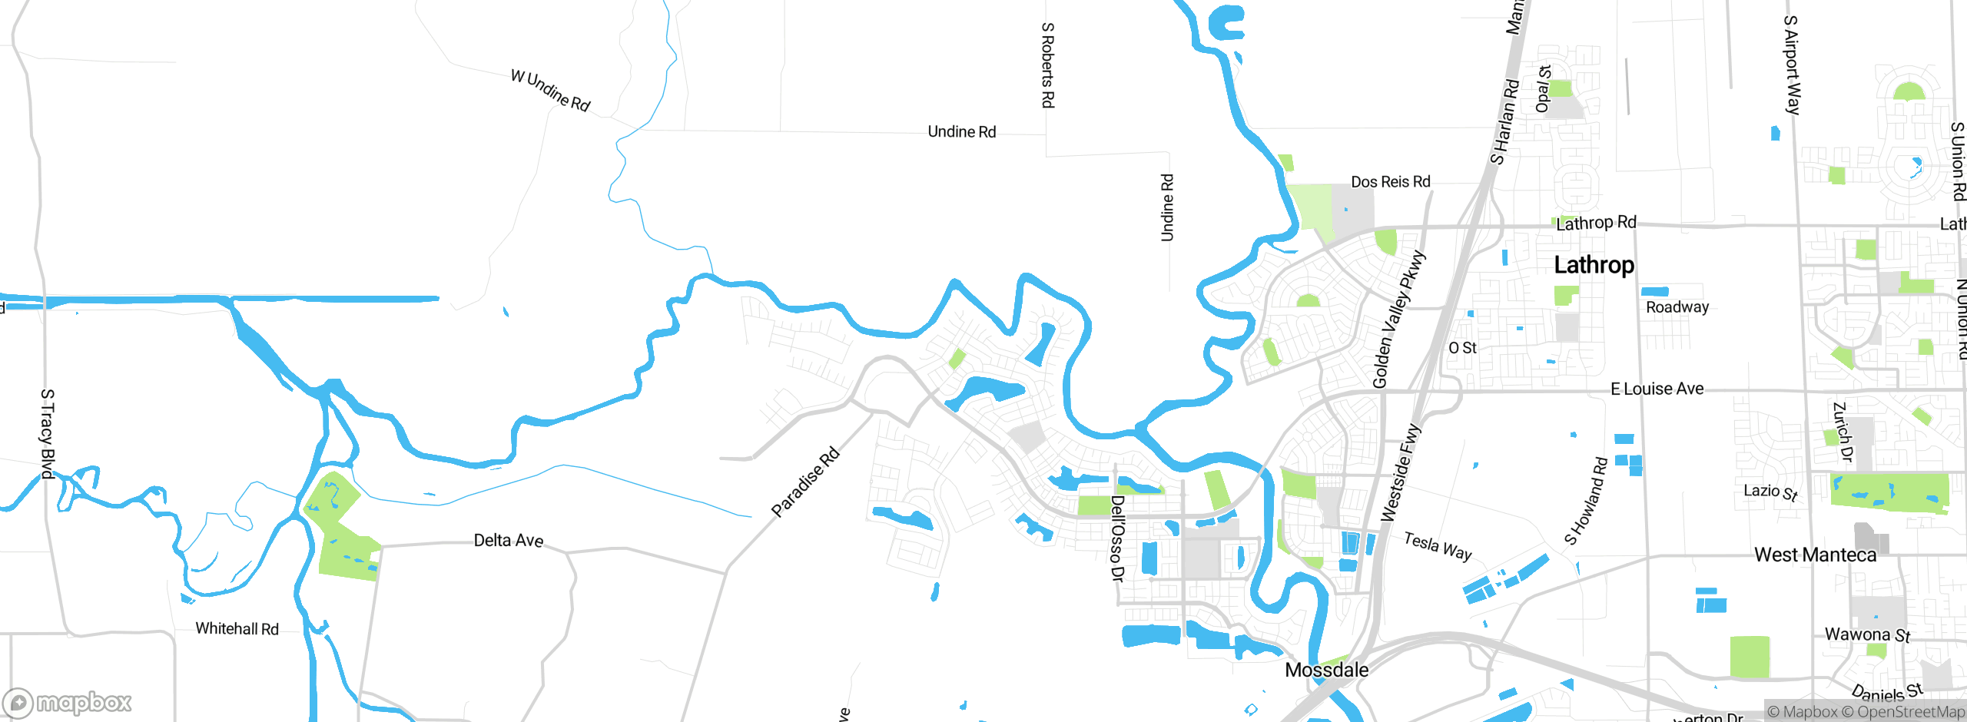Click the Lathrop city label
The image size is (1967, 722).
coord(1594,265)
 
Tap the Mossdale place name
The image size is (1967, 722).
coord(1326,670)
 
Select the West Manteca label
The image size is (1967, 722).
coord(1815,555)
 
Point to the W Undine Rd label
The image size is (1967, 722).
coord(550,91)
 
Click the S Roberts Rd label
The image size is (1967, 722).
coord(1047,65)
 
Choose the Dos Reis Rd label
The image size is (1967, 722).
coord(1391,182)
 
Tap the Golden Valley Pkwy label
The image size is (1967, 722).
coord(1398,320)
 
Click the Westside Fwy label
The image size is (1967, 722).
coord(1401,472)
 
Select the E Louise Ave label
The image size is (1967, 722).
coord(1657,389)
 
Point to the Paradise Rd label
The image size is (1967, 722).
coord(805,482)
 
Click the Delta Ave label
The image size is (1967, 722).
coord(508,541)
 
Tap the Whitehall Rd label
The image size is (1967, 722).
coord(237,628)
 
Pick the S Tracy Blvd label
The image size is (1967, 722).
coord(48,434)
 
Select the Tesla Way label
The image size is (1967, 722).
coord(1438,546)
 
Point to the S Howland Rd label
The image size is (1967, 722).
coord(1586,501)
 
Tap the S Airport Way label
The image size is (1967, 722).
coord(1791,65)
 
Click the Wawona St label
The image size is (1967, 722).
coord(1867,634)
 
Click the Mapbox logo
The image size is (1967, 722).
coord(68,702)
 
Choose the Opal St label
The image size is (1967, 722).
coord(1543,89)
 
